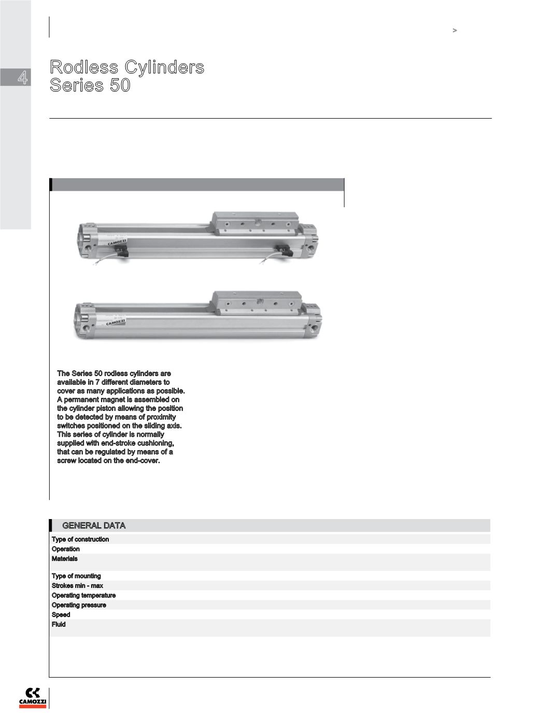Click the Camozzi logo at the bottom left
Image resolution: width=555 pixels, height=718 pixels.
tap(33, 697)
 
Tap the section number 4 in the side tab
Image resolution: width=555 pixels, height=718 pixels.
tap(22, 78)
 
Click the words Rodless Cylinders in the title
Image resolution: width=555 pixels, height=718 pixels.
tap(127, 67)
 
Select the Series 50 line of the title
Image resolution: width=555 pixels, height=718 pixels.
tap(90, 85)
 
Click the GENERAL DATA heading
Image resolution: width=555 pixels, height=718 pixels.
tap(94, 525)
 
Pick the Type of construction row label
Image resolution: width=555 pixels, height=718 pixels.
tap(80, 539)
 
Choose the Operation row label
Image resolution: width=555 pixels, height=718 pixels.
tap(66, 549)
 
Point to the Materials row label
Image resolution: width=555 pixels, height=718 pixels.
tap(65, 558)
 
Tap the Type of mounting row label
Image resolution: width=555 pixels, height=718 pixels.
tap(76, 576)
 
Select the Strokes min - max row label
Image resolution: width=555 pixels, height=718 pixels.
tap(77, 586)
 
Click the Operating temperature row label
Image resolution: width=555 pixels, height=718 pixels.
tap(83, 596)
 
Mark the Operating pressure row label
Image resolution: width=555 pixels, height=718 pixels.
tap(79, 605)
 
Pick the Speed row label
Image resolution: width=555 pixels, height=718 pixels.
tap(61, 615)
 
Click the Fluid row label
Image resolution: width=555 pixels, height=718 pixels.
tap(59, 625)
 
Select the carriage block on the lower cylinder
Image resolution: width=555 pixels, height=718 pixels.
tap(256, 303)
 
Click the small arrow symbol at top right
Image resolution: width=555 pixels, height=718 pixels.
tap(455, 31)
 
